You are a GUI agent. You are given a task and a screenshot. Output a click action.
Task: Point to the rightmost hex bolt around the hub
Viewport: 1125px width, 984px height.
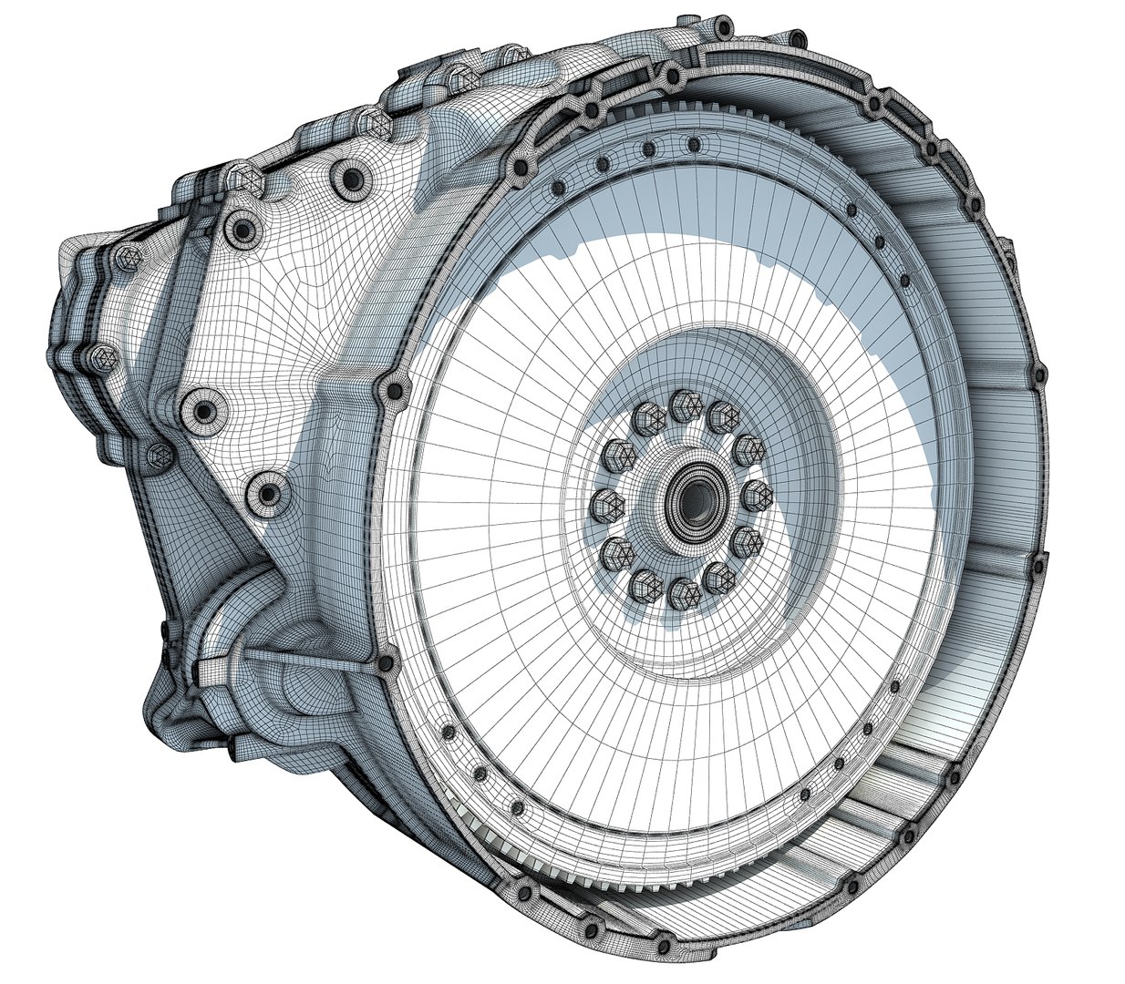(x=759, y=497)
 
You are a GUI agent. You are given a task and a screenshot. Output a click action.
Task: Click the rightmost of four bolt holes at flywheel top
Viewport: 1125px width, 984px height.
(x=695, y=144)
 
